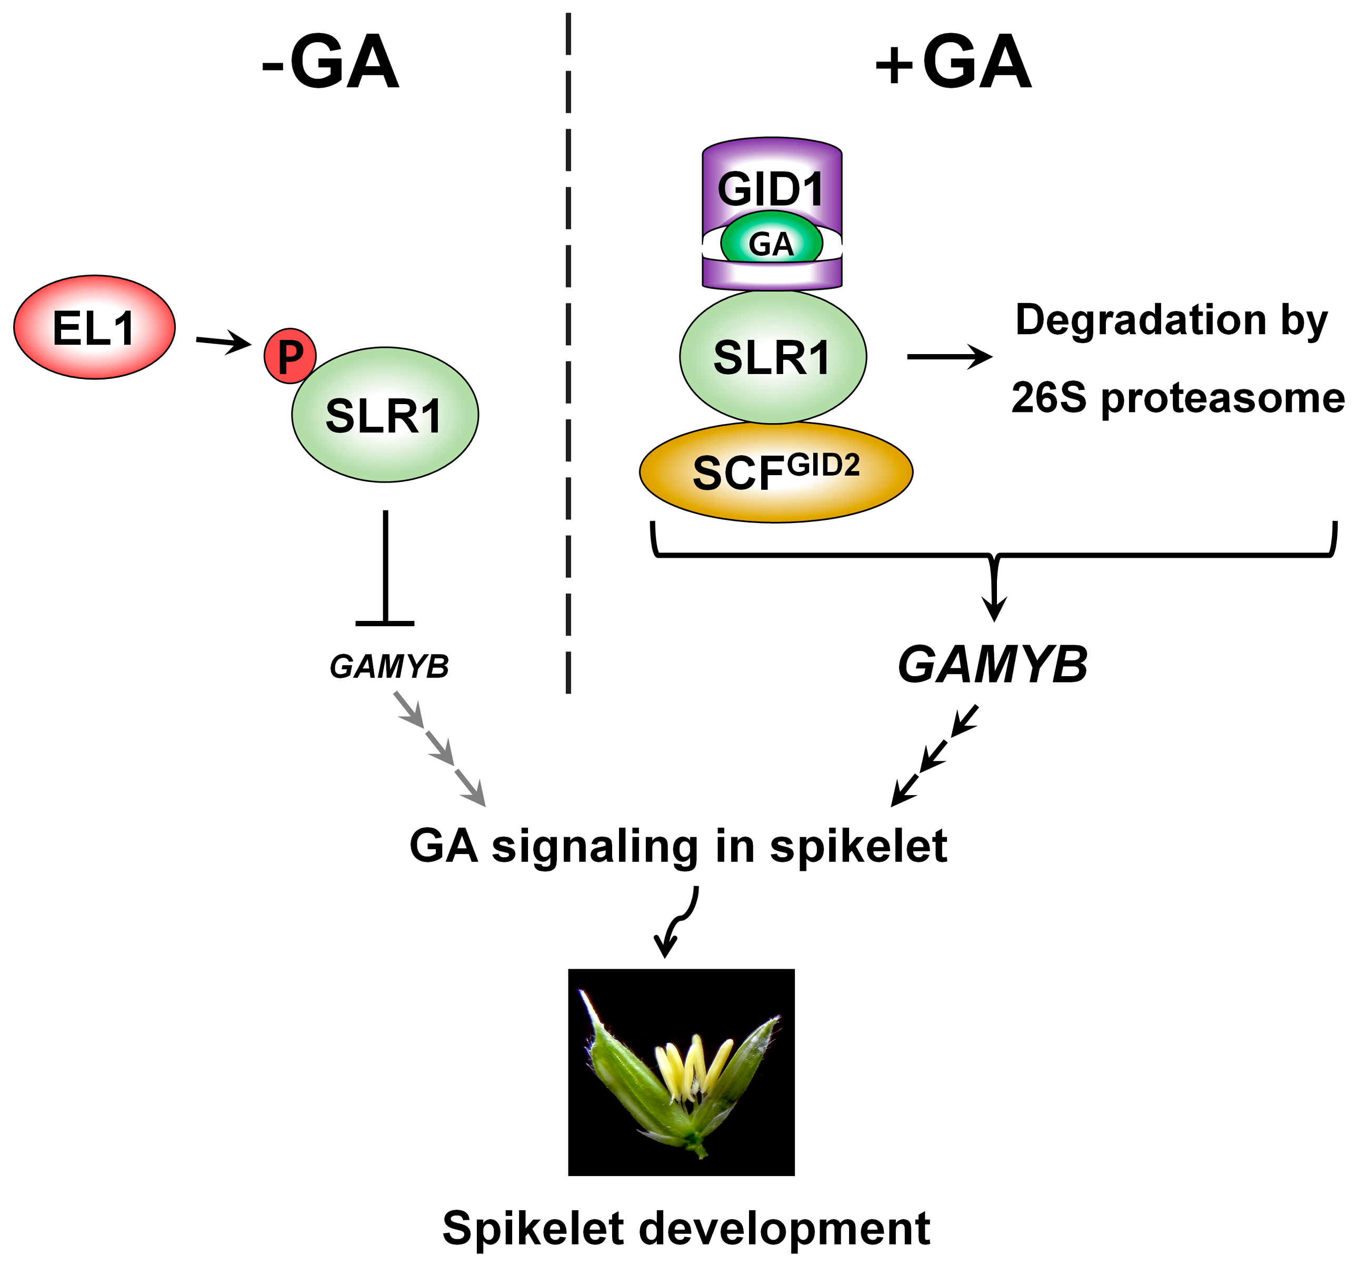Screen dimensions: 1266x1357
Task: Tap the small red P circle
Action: pos(290,356)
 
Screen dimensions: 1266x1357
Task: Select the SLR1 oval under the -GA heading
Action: pos(385,415)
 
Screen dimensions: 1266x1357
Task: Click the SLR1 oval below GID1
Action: pos(773,357)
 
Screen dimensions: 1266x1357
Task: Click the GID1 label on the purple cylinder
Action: pos(771,189)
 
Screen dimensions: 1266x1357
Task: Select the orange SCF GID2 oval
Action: pos(775,473)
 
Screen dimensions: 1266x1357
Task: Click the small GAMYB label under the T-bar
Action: pos(389,667)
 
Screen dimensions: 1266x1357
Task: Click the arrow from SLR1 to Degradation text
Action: pos(949,356)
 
